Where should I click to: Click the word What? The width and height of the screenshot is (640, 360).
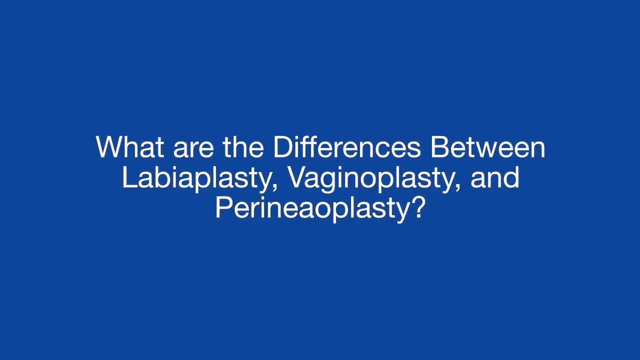point(130,147)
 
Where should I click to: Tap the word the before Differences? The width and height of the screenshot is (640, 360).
point(243,147)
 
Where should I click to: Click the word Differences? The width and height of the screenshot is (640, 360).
point(347,147)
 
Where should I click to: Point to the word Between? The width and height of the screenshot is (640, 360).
point(488,147)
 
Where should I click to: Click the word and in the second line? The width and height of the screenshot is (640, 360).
point(495,177)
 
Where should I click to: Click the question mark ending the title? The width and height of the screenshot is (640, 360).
point(416,207)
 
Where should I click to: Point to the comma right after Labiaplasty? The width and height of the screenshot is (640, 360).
point(274,187)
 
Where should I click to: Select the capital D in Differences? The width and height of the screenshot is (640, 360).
point(283,147)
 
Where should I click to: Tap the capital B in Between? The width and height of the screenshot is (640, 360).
point(439,147)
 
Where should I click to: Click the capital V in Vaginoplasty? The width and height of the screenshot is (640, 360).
point(299,177)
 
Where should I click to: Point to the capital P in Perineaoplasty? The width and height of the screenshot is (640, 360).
point(224,207)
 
